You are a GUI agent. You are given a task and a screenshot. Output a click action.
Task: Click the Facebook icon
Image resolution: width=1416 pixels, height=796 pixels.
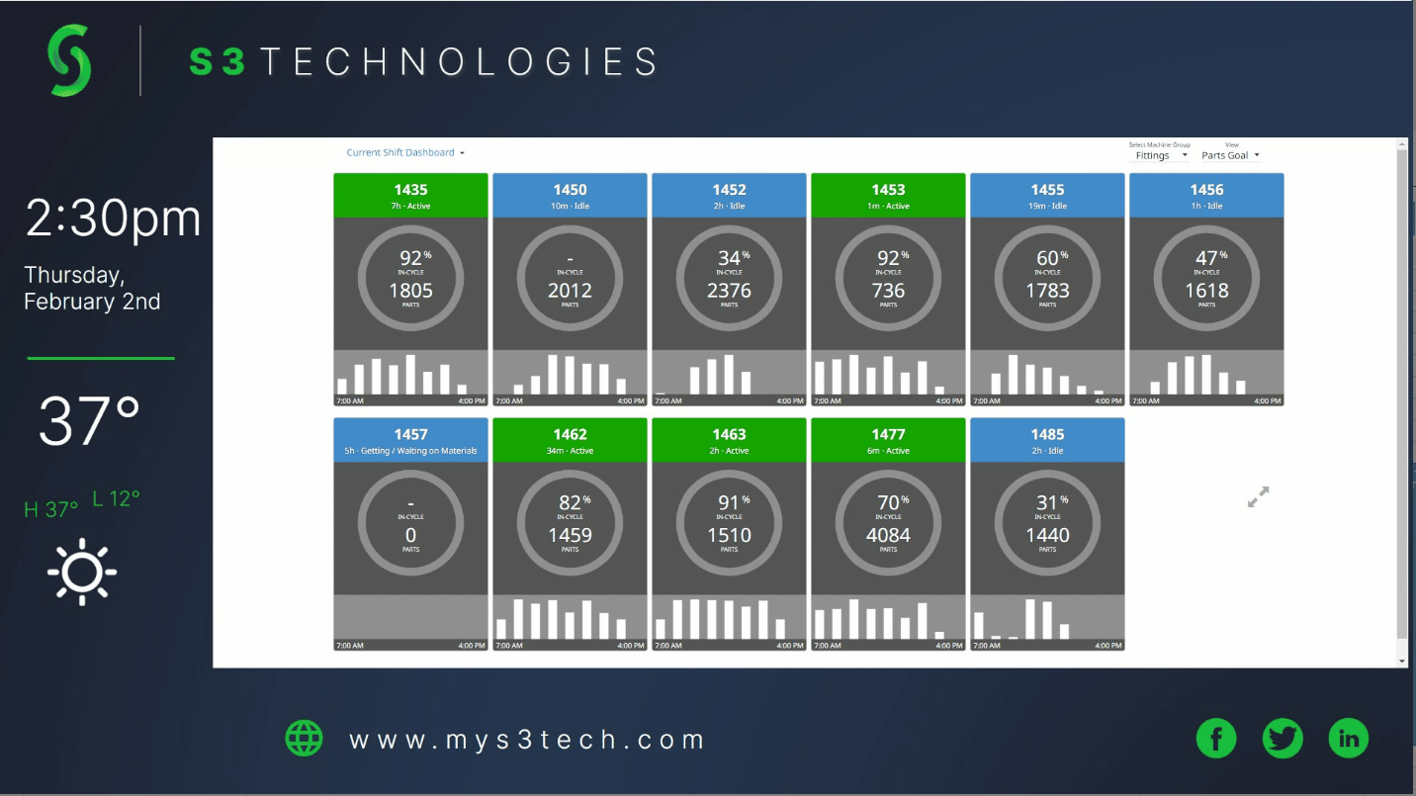click(x=1216, y=738)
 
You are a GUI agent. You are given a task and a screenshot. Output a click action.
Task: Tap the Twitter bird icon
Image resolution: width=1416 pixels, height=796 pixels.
click(x=1283, y=738)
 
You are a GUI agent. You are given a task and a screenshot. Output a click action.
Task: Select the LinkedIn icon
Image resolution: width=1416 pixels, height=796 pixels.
click(x=1349, y=738)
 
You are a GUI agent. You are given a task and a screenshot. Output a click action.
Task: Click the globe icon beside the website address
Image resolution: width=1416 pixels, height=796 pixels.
click(x=305, y=738)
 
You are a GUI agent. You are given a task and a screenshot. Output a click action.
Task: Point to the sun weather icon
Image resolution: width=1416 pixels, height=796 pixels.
click(x=82, y=572)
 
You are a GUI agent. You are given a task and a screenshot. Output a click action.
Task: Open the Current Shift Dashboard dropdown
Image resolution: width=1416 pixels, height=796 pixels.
click(x=405, y=153)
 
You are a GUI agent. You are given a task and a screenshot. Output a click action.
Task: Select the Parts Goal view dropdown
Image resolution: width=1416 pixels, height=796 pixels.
click(x=1230, y=155)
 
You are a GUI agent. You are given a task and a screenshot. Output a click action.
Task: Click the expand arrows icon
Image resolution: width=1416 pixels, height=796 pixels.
click(x=1258, y=497)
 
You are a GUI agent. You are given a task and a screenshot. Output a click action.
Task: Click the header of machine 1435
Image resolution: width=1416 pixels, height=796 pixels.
click(x=410, y=196)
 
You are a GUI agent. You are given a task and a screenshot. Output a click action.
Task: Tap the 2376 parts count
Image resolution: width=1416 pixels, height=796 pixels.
click(x=729, y=291)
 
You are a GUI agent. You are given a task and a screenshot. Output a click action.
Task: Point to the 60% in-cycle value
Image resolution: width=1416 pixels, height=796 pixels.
click(x=1047, y=259)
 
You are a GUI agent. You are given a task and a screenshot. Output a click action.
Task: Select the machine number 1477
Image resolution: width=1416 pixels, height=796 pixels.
click(x=888, y=434)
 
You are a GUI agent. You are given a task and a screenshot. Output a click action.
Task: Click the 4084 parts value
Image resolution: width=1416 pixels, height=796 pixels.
click(x=888, y=535)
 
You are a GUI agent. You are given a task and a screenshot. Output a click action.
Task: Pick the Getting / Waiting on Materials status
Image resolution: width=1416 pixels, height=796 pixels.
click(x=410, y=451)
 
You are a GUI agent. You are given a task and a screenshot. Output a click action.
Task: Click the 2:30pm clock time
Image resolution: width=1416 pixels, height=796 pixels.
click(x=113, y=219)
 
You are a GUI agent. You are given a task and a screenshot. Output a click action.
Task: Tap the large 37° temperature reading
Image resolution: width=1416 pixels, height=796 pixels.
click(x=89, y=421)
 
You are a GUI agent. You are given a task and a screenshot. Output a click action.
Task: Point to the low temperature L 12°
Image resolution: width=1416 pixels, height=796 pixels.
click(x=117, y=499)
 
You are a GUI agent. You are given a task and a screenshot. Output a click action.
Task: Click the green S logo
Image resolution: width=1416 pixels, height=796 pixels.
click(x=69, y=60)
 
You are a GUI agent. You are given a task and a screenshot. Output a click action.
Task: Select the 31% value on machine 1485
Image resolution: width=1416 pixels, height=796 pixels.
click(x=1047, y=503)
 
